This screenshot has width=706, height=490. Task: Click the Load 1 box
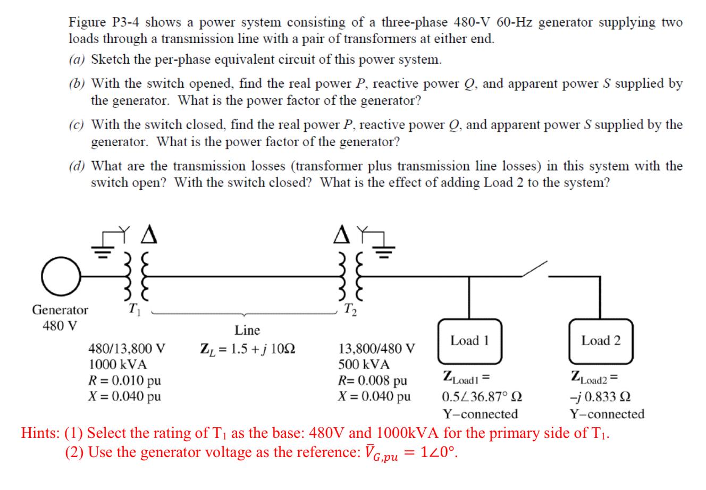point(468,340)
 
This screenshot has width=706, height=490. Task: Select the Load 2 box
point(601,340)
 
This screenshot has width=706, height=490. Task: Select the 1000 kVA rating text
point(117,365)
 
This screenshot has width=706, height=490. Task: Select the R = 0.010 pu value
point(124,381)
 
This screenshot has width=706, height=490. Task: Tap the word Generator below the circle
point(60,309)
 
